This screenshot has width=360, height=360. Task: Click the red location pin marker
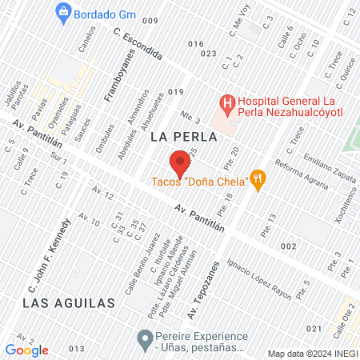(180, 164)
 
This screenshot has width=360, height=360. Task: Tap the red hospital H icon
(227, 102)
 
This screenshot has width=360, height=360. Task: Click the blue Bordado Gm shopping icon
(62, 12)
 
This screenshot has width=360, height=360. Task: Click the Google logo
(26, 350)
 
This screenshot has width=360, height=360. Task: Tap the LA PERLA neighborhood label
(179, 138)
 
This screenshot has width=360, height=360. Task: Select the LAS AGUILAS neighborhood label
(69, 302)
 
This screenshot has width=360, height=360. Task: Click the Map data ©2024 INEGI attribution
(311, 353)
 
